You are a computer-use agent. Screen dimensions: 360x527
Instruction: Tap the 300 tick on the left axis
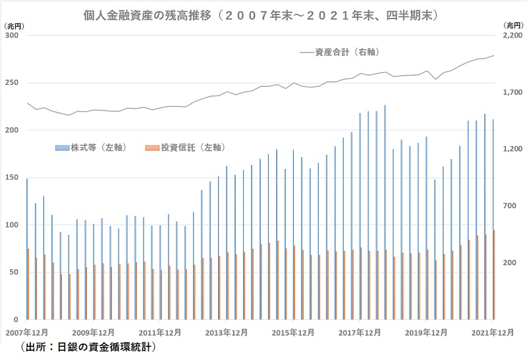12,36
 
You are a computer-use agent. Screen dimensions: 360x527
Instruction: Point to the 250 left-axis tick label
12,83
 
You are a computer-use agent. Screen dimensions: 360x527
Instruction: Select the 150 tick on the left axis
12,178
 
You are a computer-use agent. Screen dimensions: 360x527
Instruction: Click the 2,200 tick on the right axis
513,36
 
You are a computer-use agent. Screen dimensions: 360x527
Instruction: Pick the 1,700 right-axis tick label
513,93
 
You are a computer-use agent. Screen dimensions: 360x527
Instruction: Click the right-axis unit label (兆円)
513,24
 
